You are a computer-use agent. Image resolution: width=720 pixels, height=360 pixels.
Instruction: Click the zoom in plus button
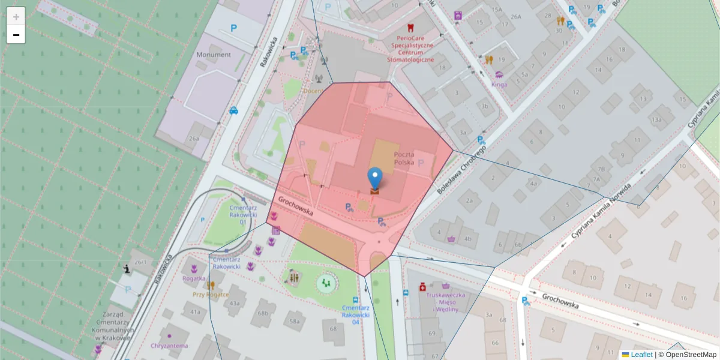16,16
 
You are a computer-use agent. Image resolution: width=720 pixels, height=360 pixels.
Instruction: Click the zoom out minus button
16,35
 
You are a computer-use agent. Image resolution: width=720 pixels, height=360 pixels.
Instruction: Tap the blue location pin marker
375,178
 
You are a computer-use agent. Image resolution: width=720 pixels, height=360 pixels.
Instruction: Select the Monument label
213,55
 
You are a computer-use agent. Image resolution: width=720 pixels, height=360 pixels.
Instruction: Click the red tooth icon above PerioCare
410,28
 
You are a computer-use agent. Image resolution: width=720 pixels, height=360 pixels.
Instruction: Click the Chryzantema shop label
170,346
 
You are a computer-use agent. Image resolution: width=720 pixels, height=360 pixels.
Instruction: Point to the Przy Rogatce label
211,294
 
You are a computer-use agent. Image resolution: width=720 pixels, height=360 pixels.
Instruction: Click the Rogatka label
194,278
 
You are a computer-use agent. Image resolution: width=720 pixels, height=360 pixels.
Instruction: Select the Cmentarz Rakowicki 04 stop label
355,314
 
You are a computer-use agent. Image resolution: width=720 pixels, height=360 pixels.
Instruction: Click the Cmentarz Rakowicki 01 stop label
243,214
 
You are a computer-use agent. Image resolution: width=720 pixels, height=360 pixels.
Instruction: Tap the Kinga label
499,85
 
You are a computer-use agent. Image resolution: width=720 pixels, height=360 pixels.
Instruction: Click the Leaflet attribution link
641,355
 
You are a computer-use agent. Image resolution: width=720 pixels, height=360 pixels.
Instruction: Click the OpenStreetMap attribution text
691,355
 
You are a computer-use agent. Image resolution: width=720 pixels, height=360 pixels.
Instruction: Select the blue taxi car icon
233,110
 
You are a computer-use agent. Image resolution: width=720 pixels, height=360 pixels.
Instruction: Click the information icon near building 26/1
127,269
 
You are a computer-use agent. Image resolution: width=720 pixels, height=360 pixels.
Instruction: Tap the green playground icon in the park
326,282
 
